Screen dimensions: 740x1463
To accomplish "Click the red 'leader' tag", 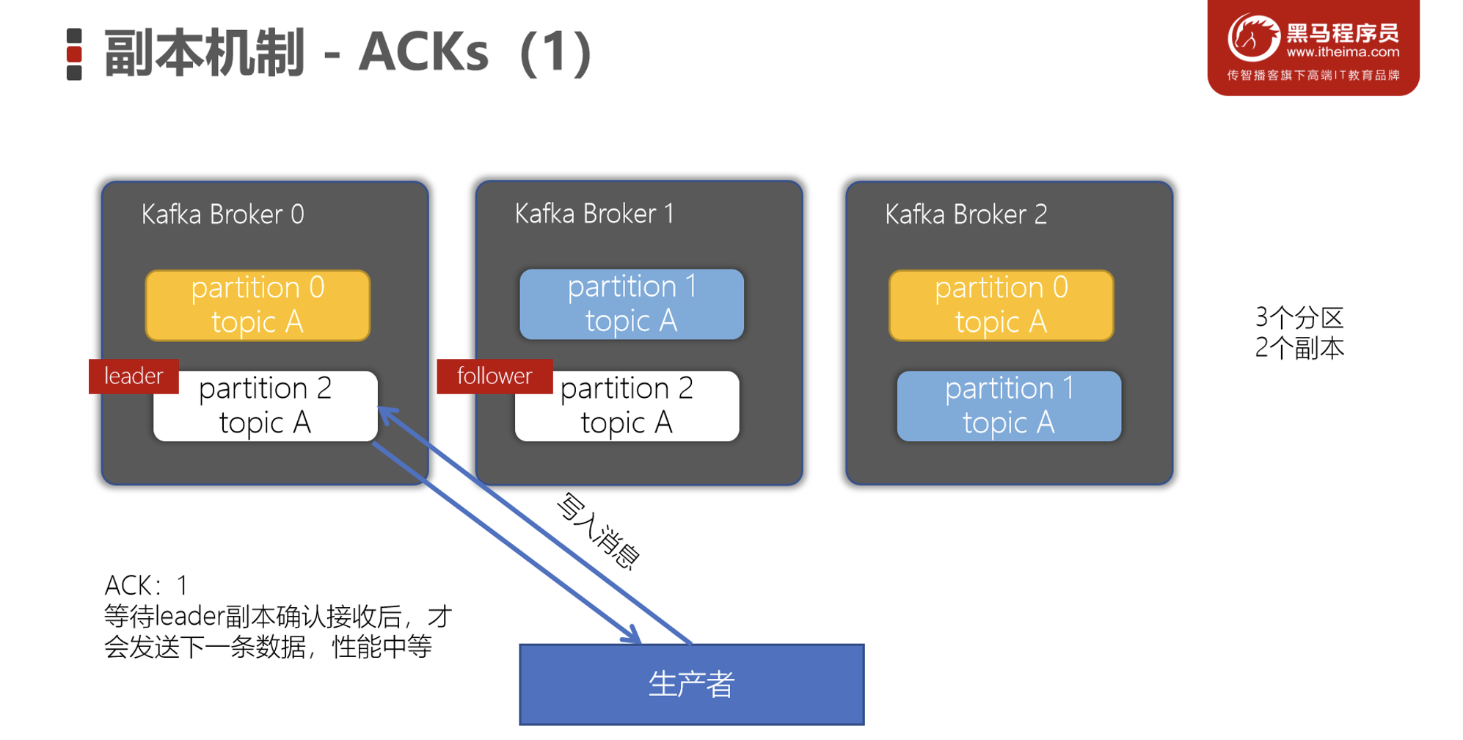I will pyautogui.click(x=134, y=377).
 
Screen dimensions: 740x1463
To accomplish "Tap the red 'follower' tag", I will pyautogui.click(x=494, y=377).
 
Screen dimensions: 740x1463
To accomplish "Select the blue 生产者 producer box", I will pyautogui.click(x=691, y=684).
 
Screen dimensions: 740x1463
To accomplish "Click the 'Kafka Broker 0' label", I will pyautogui.click(x=222, y=214).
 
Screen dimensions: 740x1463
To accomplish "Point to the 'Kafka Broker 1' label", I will pyautogui.click(x=594, y=214).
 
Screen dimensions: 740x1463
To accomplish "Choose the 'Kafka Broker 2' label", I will pyautogui.click(x=966, y=214).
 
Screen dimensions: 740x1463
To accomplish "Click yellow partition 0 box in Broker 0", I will pyautogui.click(x=258, y=305).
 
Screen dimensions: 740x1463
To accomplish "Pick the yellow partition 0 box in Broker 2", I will pyautogui.click(x=1001, y=305).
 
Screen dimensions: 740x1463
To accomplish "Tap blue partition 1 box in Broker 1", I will pyautogui.click(x=631, y=304).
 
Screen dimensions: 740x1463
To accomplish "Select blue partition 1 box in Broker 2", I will pyautogui.click(x=1009, y=406).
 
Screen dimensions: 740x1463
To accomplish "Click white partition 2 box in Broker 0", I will pyautogui.click(x=266, y=406).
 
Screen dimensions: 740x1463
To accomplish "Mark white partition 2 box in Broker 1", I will pyautogui.click(x=627, y=406).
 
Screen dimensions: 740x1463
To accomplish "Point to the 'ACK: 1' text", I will pyautogui.click(x=146, y=585).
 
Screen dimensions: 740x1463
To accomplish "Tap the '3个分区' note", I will pyautogui.click(x=1299, y=318).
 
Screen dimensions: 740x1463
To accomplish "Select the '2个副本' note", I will pyautogui.click(x=1299, y=348).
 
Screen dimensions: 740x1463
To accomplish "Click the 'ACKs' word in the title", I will pyautogui.click(x=423, y=53).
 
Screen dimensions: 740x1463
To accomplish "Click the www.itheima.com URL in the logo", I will pyautogui.click(x=1343, y=52).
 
